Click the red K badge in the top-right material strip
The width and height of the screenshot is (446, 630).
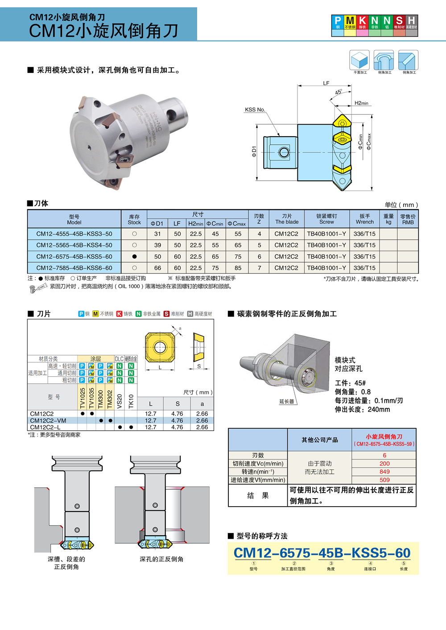click(x=363, y=22)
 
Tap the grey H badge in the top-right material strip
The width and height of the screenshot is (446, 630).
click(x=412, y=22)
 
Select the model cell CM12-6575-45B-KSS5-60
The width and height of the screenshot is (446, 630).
click(x=74, y=257)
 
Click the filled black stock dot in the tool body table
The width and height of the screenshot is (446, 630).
click(x=134, y=257)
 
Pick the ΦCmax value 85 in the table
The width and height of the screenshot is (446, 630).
click(x=238, y=268)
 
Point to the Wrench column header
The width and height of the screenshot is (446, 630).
click(x=365, y=219)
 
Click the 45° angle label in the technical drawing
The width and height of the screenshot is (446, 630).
click(x=339, y=92)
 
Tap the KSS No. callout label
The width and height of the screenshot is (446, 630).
click(x=255, y=110)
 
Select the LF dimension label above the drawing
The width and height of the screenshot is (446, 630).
click(x=326, y=83)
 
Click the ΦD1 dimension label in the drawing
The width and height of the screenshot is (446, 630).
click(x=254, y=152)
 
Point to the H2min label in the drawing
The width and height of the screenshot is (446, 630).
click(x=361, y=103)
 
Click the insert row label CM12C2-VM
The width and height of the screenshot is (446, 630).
click(x=48, y=421)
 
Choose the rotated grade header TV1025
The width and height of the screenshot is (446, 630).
click(x=83, y=398)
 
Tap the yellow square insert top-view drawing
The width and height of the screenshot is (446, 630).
click(x=160, y=347)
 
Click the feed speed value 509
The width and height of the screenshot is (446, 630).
click(x=384, y=480)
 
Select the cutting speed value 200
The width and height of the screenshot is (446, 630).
click(x=384, y=463)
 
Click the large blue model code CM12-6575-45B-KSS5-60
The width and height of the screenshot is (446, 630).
click(x=322, y=553)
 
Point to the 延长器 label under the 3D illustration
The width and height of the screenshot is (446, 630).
click(x=287, y=402)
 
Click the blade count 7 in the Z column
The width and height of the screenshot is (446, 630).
click(x=259, y=268)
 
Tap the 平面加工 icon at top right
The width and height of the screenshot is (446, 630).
click(x=360, y=61)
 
